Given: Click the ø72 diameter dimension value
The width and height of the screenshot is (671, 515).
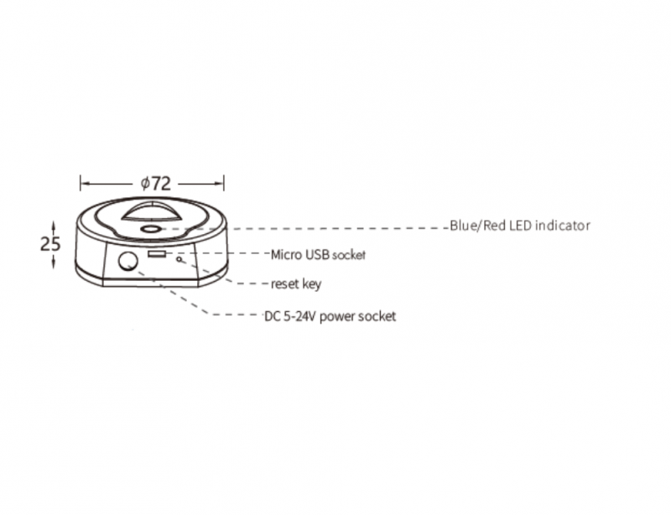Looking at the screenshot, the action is coord(156,184).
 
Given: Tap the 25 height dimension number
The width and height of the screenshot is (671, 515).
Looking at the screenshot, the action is coord(50,244).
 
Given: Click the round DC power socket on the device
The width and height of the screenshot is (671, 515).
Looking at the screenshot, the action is coord(128,261).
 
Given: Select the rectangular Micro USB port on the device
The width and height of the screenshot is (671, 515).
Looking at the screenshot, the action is coord(157,254).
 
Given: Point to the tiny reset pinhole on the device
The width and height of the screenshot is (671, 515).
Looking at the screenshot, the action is coord(179,258).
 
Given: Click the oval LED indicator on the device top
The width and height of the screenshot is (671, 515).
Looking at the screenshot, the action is coord(150,230).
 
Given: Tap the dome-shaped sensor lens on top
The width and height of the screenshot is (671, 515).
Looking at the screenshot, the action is coord(151,211).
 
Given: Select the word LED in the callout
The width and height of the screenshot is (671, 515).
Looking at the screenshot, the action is coord(521,225).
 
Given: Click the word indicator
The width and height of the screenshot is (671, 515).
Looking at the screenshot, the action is coord(562,225).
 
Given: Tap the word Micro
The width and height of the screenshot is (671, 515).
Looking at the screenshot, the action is coord(286,255).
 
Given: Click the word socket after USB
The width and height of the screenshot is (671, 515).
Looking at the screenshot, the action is coord(349,256).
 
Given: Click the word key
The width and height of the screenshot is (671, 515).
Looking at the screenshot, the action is coord(312,284).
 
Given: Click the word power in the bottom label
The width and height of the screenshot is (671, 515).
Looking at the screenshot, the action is coord(337,317).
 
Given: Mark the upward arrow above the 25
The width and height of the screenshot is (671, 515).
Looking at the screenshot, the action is coord(53,227).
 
